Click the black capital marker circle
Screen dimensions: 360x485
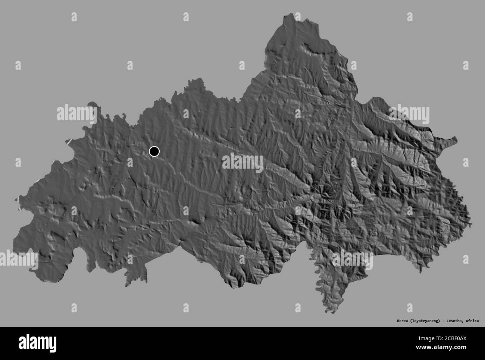pos(154,151)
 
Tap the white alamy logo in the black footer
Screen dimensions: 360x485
pos(38,342)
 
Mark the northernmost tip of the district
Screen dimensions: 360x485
pos(287,14)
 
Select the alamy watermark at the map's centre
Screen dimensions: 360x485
pos(242,163)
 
